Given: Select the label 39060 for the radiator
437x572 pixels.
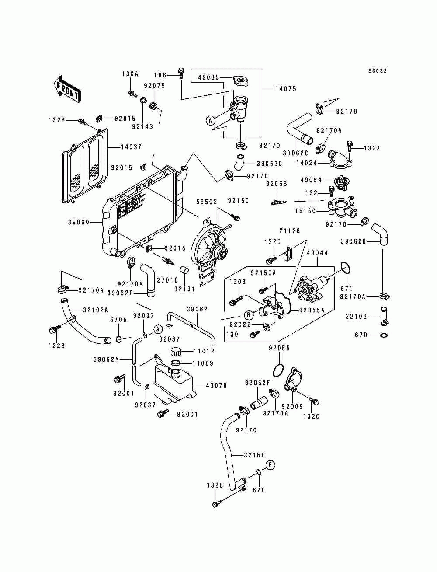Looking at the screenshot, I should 79,222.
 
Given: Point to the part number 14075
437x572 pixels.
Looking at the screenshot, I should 286,89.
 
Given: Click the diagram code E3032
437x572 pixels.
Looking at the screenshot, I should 378,71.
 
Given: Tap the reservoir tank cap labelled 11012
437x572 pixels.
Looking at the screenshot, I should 176,351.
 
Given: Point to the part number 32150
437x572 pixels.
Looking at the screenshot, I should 254,455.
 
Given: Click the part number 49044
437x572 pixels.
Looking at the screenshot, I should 317,253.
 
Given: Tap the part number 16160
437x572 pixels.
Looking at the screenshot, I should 305,211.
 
